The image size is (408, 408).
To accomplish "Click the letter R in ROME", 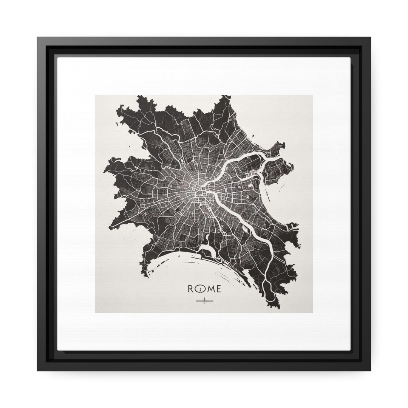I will (192, 289).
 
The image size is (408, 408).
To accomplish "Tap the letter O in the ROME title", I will (201, 289).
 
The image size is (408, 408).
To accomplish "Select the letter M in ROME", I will (210, 289).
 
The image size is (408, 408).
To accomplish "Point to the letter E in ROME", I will (219, 289).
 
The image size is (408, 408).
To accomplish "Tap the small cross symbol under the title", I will (205, 301).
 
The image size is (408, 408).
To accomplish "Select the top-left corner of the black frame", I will (38, 37).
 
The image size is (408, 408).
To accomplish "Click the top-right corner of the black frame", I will (370, 37).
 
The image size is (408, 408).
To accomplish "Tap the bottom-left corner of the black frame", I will (38, 370).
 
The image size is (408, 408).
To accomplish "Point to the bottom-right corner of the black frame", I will (370, 370).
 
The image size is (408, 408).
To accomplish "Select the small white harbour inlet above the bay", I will (206, 249).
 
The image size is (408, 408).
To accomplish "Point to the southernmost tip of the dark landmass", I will (278, 308).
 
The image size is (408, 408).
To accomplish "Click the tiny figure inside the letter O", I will (201, 290).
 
